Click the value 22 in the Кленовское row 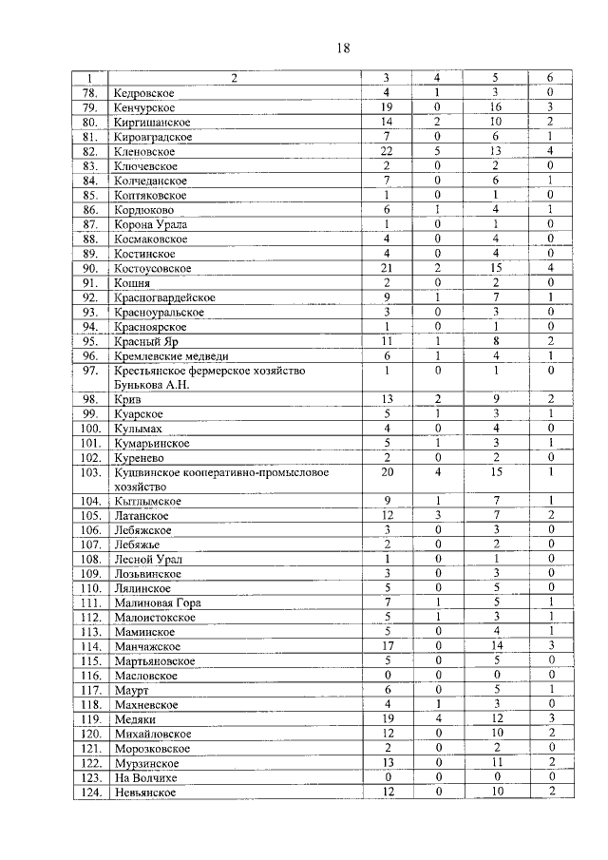click(x=387, y=151)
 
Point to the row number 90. click(x=90, y=268)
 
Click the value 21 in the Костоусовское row click(x=387, y=268)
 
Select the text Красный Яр click(x=144, y=341)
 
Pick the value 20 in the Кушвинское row click(x=387, y=471)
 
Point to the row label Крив click(x=127, y=400)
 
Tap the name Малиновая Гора click(x=157, y=602)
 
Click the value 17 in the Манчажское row click(x=387, y=646)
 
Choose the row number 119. click(x=90, y=719)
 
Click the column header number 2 click(x=232, y=79)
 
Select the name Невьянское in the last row click(x=144, y=792)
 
